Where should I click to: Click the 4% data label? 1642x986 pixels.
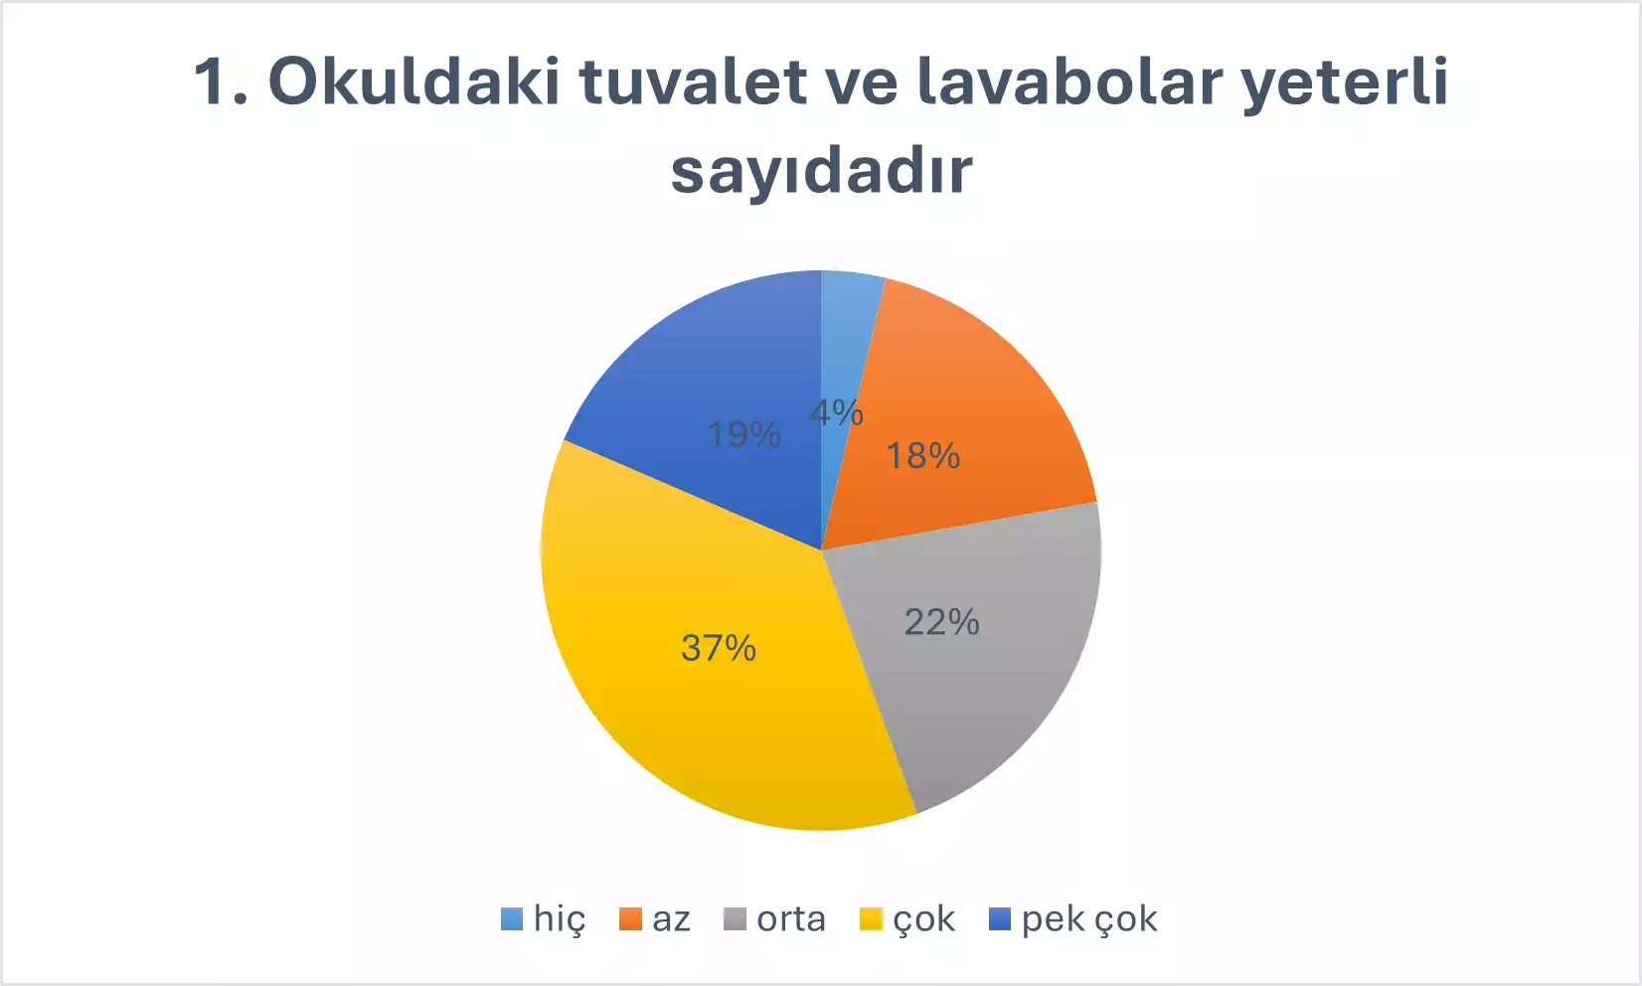pos(836,412)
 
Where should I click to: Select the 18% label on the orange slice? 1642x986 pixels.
pos(923,456)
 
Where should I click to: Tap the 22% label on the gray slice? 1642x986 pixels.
pos(942,622)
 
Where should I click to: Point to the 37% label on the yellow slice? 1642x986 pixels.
pos(719,648)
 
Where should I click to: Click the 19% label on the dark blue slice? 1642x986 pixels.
pos(744,434)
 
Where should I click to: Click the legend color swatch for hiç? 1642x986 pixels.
pos(512,919)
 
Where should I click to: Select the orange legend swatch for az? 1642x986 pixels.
pos(630,919)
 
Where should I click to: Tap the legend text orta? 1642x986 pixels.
pos(791,919)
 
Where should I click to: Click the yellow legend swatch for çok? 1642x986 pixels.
pos(871,919)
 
